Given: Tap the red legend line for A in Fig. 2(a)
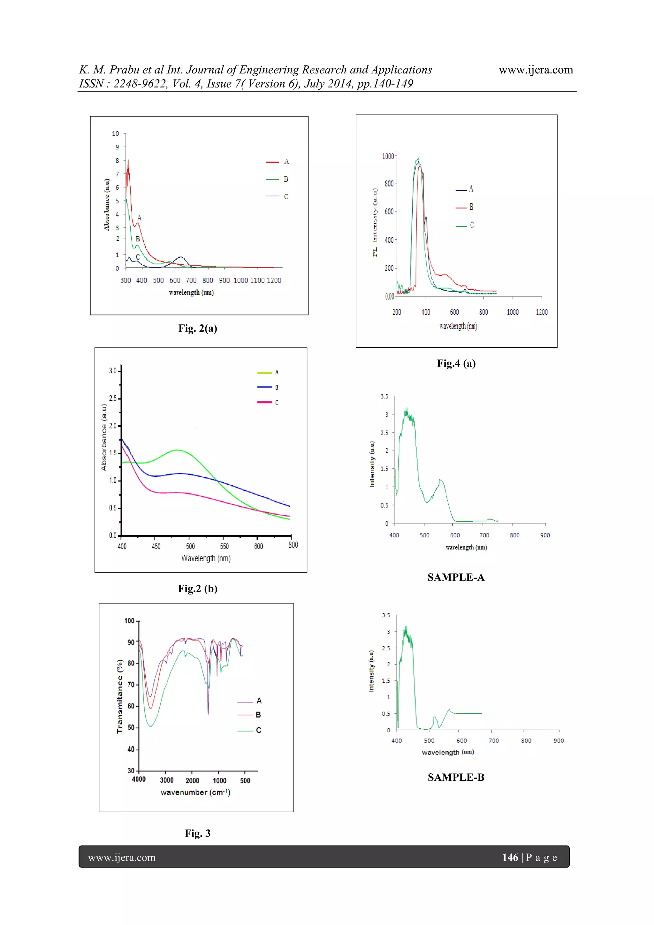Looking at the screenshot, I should (x=272, y=162).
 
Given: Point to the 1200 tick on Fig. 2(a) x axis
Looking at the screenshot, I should (x=274, y=280).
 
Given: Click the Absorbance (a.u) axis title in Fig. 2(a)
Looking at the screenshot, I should (x=107, y=204).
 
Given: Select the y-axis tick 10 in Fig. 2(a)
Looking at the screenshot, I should (x=116, y=134).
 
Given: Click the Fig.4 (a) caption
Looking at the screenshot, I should (x=456, y=363).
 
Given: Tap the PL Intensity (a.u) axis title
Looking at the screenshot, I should (x=375, y=222).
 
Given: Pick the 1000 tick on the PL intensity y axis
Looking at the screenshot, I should (x=388, y=156).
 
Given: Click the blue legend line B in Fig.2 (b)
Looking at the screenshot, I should (x=264, y=387).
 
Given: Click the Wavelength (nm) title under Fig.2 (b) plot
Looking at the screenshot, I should (x=206, y=558).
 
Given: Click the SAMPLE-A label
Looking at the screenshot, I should (x=456, y=577).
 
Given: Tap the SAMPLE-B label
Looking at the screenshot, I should (x=456, y=777).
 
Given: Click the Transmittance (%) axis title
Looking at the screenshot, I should (x=120, y=696).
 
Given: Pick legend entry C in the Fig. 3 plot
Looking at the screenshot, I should (x=258, y=730).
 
